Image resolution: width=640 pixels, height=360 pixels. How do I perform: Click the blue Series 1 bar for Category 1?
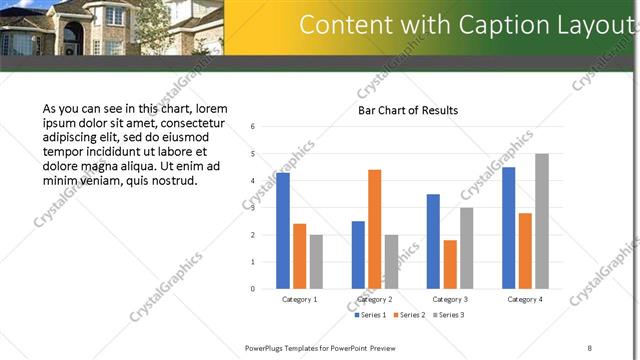(x=283, y=231)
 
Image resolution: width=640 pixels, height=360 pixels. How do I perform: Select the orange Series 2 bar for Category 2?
(x=374, y=229)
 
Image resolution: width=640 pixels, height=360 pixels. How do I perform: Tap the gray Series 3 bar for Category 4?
(x=541, y=221)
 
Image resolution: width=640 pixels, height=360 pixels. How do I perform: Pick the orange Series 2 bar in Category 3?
(x=450, y=264)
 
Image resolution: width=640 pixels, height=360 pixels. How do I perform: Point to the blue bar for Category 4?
(x=508, y=228)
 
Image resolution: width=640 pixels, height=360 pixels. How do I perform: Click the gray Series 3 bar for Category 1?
(x=316, y=261)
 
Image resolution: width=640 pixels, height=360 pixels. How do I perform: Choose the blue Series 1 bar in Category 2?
(x=358, y=255)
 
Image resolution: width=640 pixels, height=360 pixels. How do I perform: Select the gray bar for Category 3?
(x=466, y=248)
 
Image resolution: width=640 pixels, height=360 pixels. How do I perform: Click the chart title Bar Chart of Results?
(x=408, y=110)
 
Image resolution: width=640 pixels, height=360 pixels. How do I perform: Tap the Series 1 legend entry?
(x=373, y=315)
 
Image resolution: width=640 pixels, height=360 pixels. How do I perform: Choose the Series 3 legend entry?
(x=446, y=315)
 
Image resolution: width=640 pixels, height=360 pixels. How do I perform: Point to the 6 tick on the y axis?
(x=254, y=127)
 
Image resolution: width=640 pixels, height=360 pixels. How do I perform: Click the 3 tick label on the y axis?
(x=254, y=208)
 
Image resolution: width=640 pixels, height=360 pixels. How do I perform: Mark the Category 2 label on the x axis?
(x=374, y=299)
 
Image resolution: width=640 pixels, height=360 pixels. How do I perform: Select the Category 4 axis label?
(x=524, y=299)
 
